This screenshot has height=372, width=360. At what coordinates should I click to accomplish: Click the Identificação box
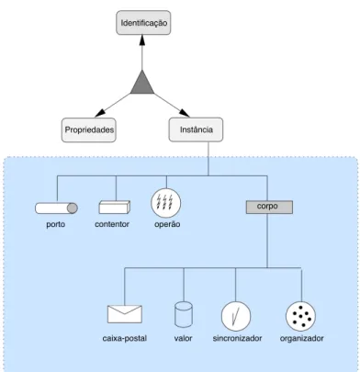point(143,23)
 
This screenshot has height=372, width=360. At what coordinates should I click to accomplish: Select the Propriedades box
point(89,130)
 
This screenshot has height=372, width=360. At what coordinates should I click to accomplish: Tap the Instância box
point(196,130)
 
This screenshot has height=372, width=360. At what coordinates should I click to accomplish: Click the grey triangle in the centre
point(142,84)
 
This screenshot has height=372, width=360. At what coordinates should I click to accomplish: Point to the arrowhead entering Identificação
point(141,39)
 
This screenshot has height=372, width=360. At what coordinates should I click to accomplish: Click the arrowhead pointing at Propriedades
point(100,114)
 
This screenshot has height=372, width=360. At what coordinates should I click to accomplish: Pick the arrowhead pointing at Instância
point(185,113)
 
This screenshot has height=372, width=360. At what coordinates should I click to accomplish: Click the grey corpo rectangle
point(269,207)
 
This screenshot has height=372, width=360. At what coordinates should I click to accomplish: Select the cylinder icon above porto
point(56,209)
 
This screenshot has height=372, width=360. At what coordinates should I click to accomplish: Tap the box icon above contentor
point(115,207)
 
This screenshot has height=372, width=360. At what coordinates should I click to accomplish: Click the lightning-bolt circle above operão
point(166,203)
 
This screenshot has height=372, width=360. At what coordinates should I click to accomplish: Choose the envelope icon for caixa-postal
point(125,314)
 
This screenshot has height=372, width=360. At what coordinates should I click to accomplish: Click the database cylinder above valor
point(184,314)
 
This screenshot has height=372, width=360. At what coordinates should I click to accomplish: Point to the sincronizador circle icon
point(236,316)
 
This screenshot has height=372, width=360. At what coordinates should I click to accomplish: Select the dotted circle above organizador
point(301,316)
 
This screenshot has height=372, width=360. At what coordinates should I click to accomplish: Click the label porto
point(56,224)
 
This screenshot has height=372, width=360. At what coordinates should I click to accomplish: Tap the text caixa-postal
point(125,338)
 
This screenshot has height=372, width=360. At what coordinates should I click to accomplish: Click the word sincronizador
point(237,338)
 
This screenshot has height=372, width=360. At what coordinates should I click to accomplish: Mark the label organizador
point(301,339)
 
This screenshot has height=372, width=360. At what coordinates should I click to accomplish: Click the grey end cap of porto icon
point(73,209)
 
